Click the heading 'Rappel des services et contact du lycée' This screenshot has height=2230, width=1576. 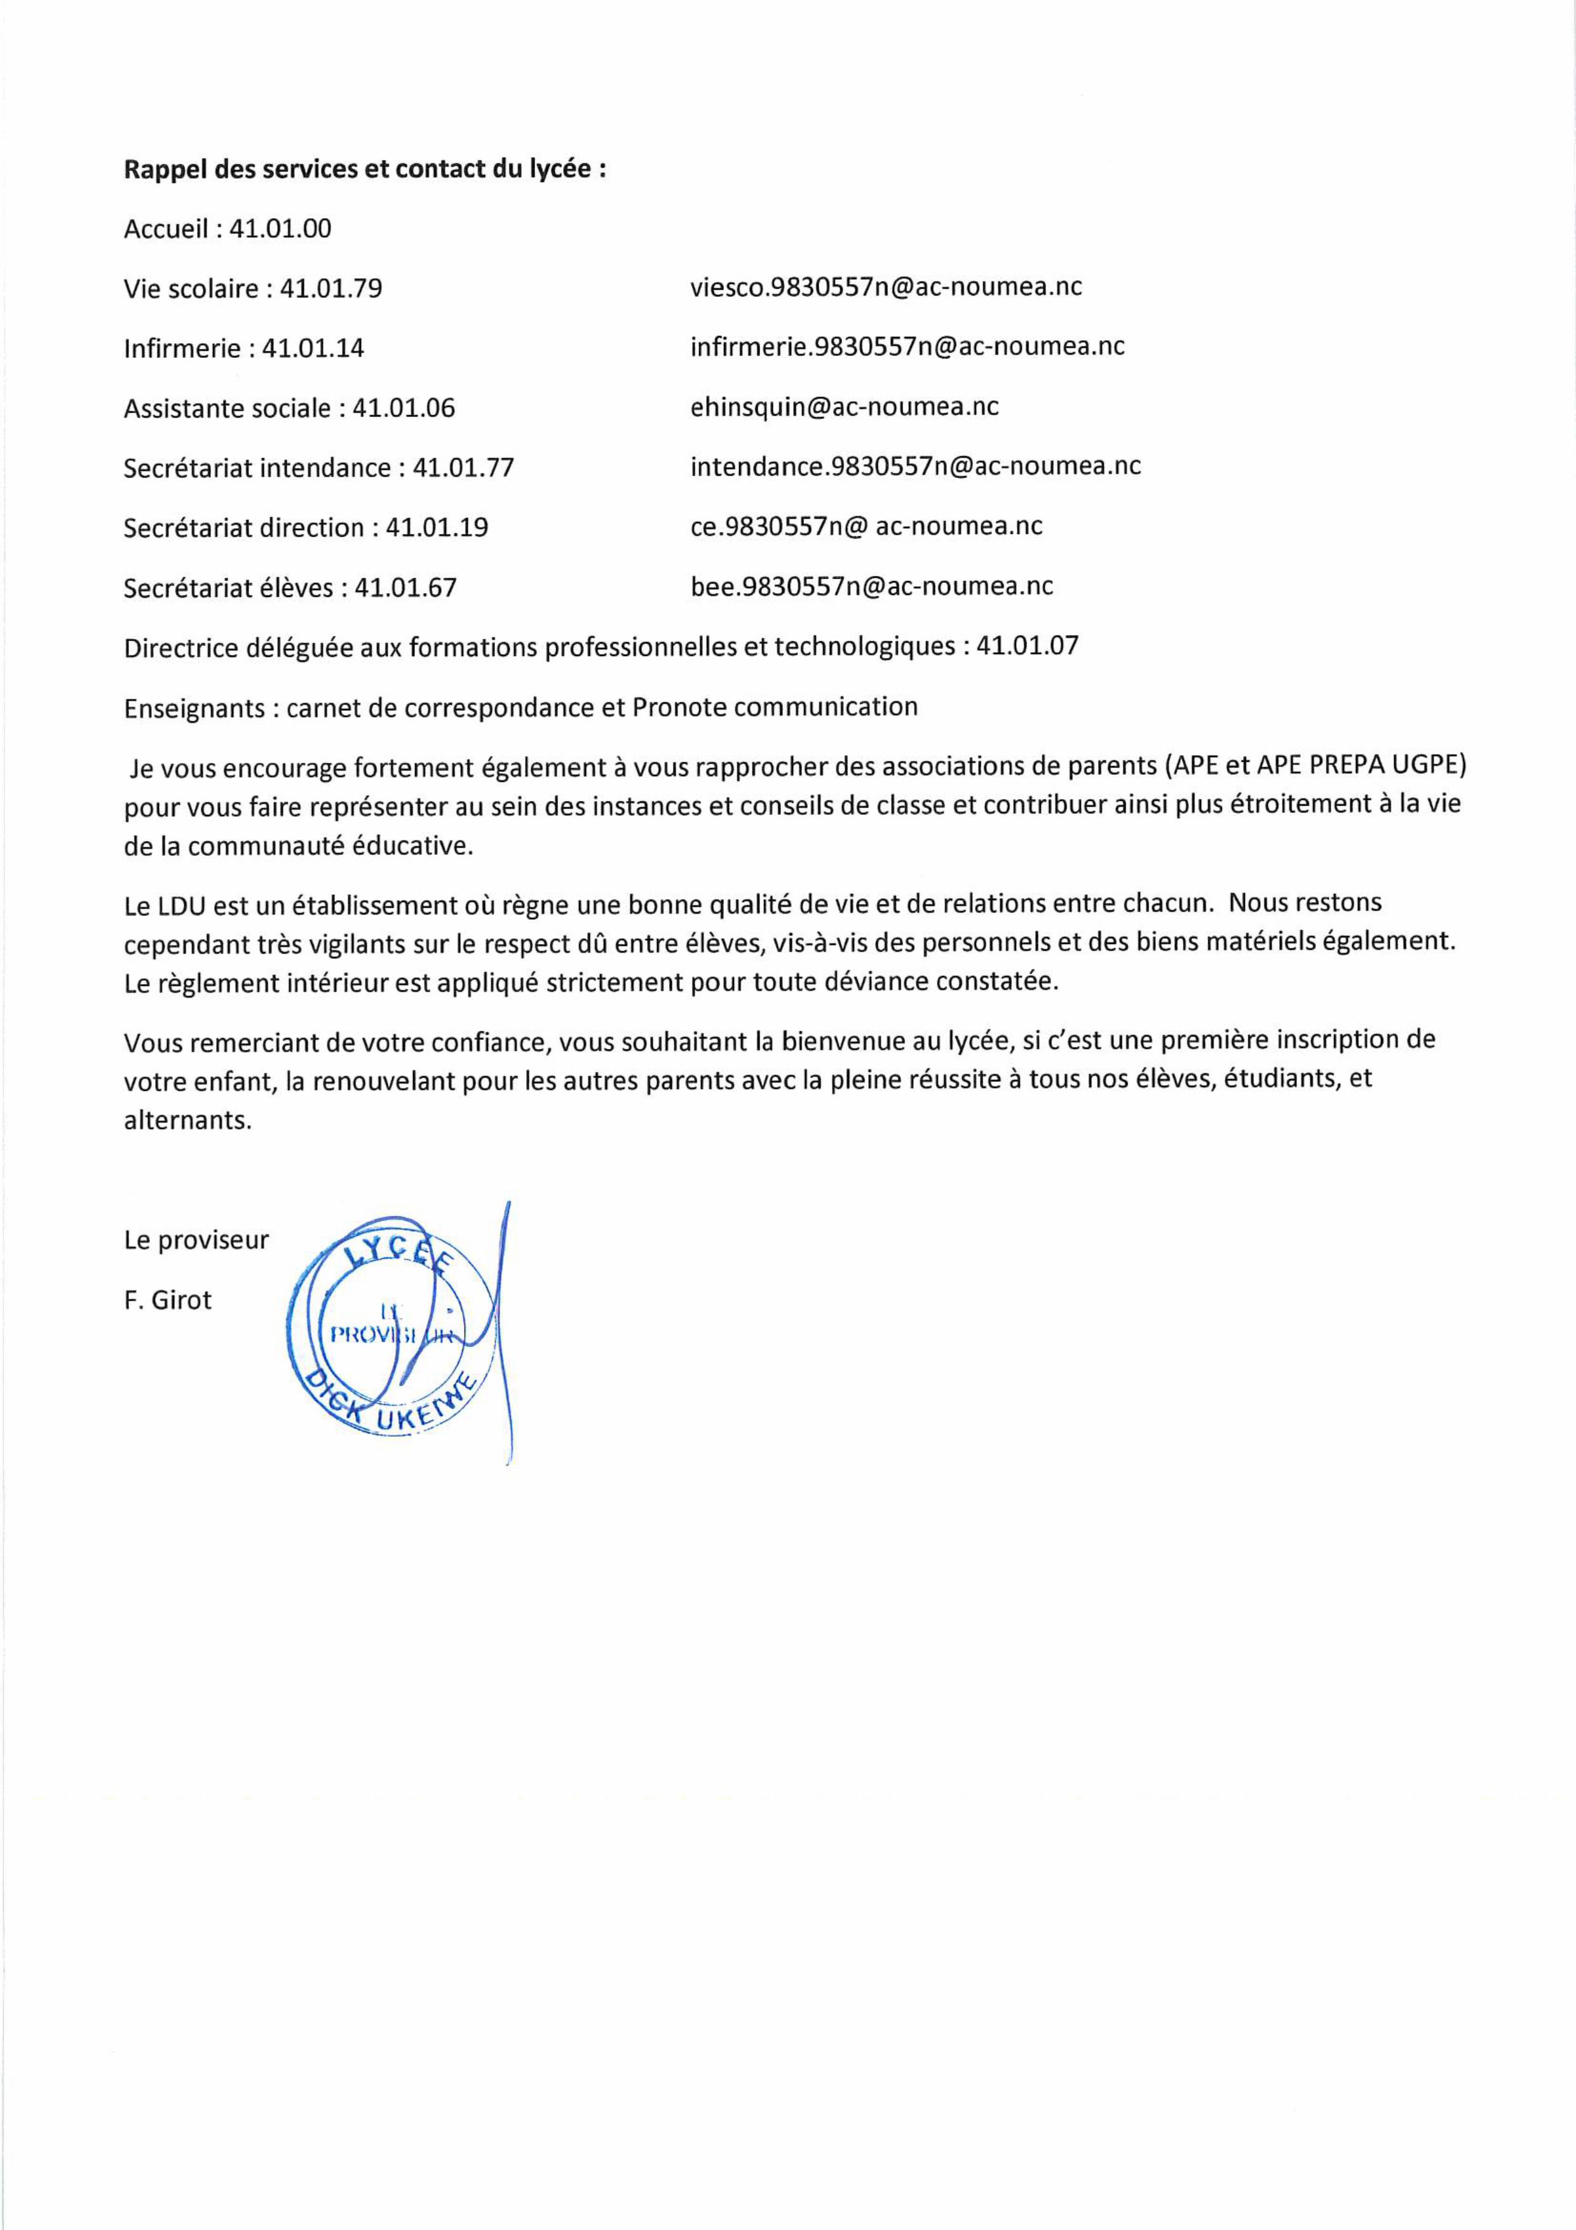[x=365, y=169]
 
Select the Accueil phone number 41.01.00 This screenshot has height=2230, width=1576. [x=280, y=229]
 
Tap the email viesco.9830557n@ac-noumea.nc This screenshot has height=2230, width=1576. [x=886, y=287]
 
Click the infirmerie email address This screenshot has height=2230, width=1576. [x=907, y=346]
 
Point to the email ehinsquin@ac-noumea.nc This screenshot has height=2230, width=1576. [x=844, y=407]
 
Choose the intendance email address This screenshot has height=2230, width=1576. [x=914, y=466]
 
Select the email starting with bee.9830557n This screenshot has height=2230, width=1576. [x=871, y=587]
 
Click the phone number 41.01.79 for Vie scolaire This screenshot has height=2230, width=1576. [x=331, y=289]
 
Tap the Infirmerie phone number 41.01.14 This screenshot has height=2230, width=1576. [x=313, y=349]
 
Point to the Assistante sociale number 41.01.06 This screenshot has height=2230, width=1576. [x=403, y=408]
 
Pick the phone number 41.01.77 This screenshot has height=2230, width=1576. [x=463, y=468]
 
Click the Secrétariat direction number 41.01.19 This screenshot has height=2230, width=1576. [x=437, y=528]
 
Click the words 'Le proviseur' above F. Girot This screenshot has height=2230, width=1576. [x=196, y=1240]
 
